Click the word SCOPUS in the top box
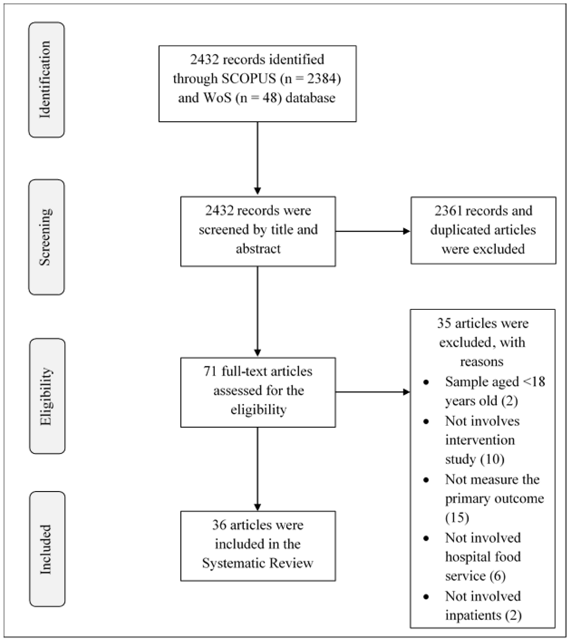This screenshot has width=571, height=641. [248, 79]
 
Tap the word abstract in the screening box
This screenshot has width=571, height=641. [258, 249]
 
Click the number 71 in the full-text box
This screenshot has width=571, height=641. [210, 371]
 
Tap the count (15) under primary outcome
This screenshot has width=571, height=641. [457, 518]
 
